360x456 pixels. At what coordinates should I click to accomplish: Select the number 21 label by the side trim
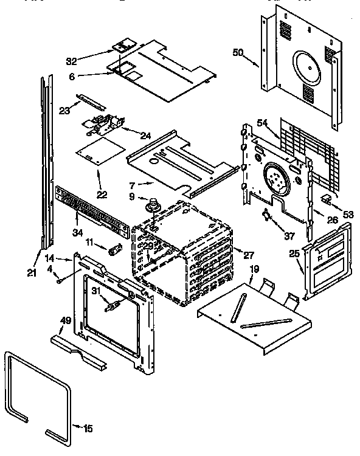click(32, 272)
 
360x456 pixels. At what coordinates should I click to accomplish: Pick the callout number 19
click(254, 269)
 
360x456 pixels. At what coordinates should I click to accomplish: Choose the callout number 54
click(262, 123)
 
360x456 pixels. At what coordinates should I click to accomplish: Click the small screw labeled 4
click(58, 280)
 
